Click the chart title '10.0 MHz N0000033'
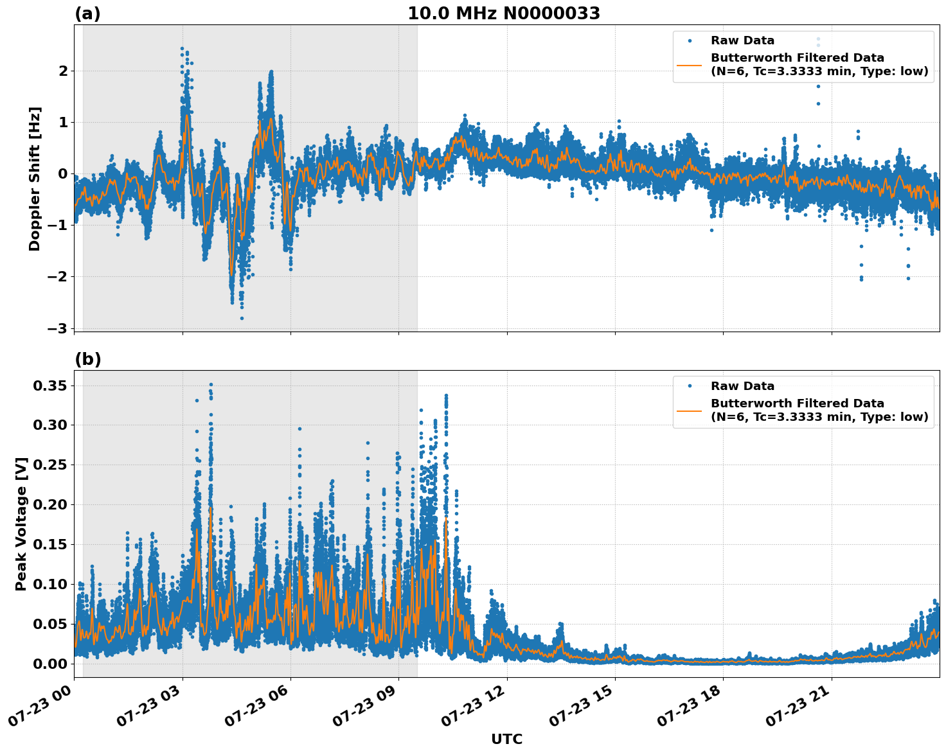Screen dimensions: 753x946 point(503,13)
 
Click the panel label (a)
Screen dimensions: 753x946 point(87,13)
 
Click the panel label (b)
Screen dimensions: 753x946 point(87,359)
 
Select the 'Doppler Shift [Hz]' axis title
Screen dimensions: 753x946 point(35,179)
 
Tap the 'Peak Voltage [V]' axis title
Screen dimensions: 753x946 point(21,524)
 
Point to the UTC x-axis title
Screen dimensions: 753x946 point(506,739)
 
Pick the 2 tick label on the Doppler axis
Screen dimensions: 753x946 point(62,71)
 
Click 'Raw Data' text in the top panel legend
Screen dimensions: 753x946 point(742,40)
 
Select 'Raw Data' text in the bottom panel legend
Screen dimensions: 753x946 point(742,386)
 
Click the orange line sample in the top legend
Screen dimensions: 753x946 point(690,65)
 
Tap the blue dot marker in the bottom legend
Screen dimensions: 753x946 point(690,386)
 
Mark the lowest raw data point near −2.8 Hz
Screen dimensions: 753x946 point(242,318)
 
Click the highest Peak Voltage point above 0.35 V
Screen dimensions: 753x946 point(211,385)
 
